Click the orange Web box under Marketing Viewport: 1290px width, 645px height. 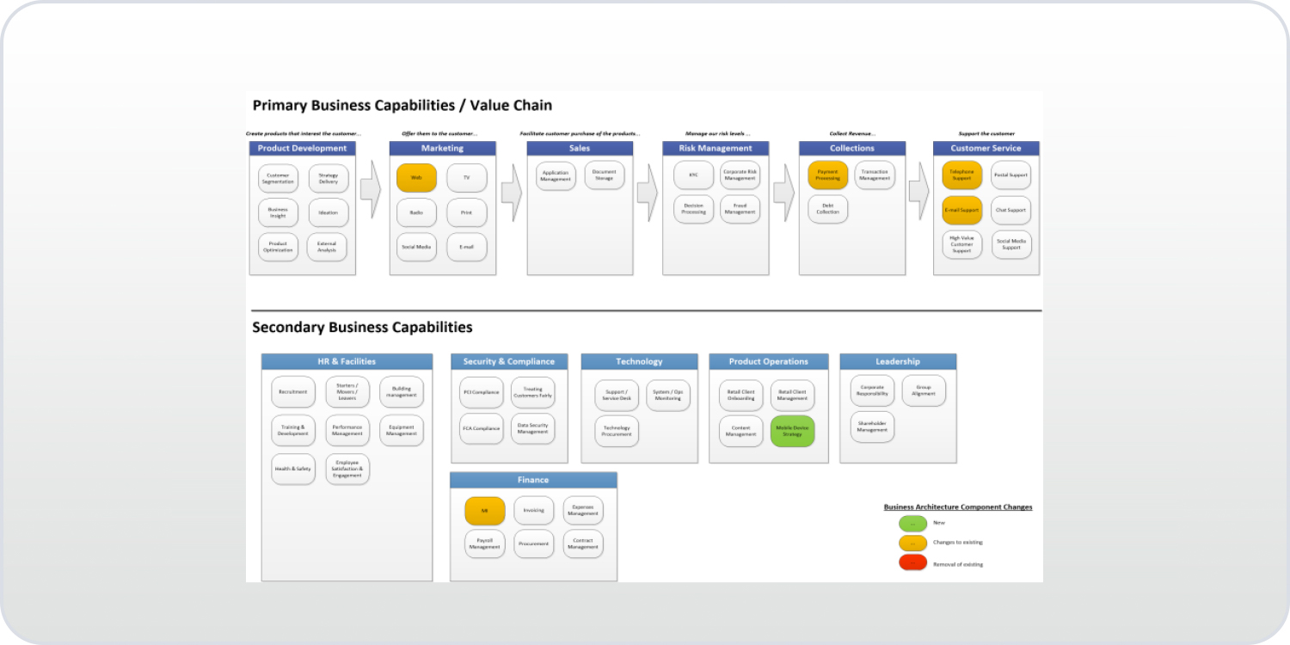(416, 178)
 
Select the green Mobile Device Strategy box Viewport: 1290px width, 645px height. (792, 431)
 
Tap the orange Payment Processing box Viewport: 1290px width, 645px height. (827, 175)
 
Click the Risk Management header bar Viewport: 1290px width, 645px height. (716, 148)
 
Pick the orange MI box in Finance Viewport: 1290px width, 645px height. (485, 511)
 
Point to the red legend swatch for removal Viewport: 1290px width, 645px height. (912, 563)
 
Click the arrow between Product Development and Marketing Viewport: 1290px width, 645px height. (370, 190)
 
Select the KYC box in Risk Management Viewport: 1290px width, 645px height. (693, 175)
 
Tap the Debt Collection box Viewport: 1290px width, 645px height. (827, 209)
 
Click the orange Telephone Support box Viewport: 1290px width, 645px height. (961, 175)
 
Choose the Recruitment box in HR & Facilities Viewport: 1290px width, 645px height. (292, 392)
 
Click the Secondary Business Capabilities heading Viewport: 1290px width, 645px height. (362, 328)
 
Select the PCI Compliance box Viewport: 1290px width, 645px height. (481, 392)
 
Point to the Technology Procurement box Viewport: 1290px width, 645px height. (617, 431)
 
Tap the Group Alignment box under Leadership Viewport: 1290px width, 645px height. (924, 390)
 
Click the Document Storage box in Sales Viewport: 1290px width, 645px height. (604, 175)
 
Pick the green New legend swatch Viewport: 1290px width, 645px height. (912, 523)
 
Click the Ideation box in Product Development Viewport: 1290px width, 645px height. (328, 212)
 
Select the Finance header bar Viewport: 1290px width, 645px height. (533, 480)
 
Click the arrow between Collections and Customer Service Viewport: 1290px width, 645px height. (918, 190)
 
